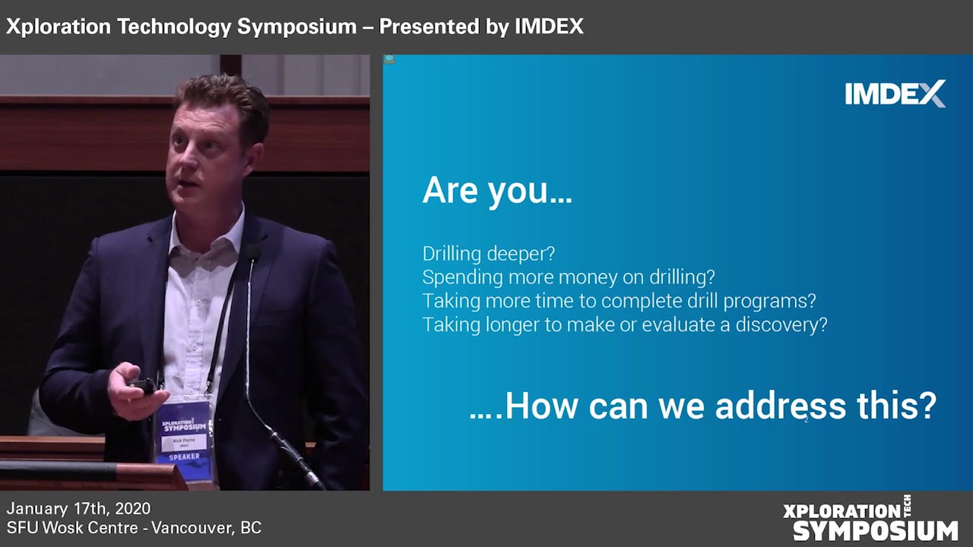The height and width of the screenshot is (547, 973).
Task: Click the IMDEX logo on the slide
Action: click(x=895, y=93)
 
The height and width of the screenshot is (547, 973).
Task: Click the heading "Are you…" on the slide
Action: click(x=497, y=191)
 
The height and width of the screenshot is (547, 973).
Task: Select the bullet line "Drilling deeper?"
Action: click(x=489, y=254)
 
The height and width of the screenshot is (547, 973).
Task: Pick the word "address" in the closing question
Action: click(x=781, y=406)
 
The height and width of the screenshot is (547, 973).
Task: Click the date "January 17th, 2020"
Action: click(x=78, y=508)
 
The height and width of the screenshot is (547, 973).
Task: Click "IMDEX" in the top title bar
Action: click(x=549, y=27)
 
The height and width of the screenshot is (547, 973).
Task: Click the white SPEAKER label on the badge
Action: click(x=184, y=457)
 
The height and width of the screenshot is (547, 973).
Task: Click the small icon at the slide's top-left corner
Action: click(x=389, y=59)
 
